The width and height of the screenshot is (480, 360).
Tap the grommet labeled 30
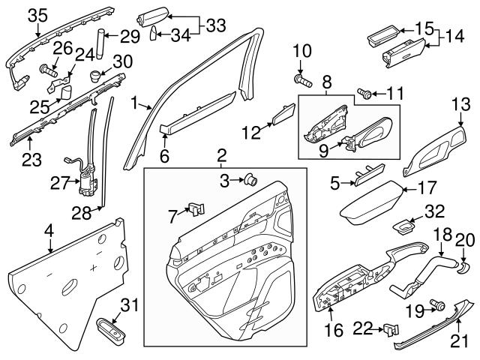[x=95, y=76]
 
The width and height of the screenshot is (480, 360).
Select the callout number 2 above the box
[x=222, y=156]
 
